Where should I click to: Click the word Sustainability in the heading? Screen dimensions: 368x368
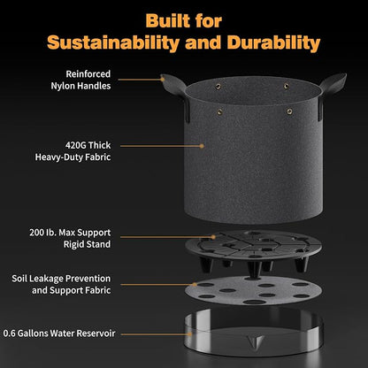point(113,42)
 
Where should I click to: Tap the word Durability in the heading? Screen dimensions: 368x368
point(273,42)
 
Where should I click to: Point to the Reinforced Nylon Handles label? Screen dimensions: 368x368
point(80,80)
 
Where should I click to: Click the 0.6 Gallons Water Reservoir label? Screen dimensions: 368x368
point(59,333)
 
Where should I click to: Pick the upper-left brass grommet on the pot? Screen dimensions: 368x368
point(218,86)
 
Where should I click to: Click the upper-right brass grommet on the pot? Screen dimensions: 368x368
point(286,86)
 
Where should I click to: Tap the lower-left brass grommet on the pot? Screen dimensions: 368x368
point(219,111)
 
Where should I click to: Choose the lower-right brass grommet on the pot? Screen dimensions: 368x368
point(289,111)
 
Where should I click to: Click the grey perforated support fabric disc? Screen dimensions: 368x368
point(254,290)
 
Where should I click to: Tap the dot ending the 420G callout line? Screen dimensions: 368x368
point(202,146)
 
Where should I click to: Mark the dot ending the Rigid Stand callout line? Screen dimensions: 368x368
point(213,237)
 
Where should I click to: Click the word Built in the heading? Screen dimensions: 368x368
point(168,20)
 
